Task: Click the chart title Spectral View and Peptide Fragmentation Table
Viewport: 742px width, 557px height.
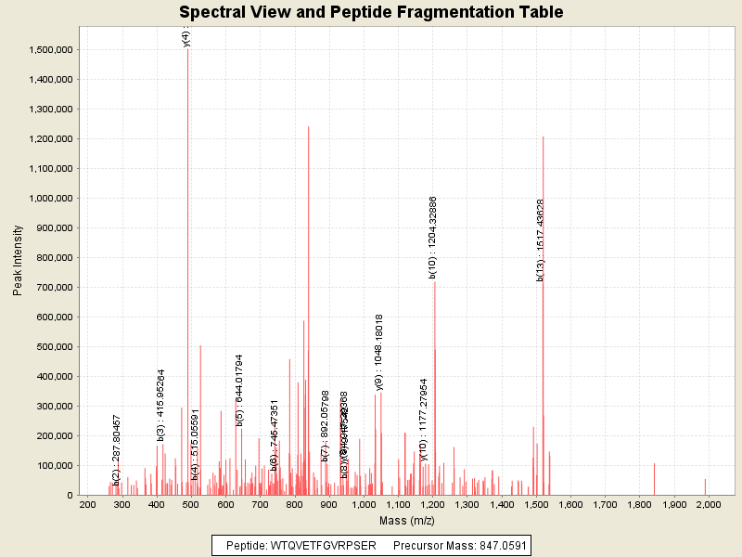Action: [371, 13]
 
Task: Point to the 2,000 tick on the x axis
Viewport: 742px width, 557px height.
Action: [708, 504]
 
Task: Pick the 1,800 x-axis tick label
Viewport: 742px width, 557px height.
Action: [639, 504]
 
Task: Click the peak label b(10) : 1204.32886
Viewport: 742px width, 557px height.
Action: [433, 238]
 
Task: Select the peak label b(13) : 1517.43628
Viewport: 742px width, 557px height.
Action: [541, 240]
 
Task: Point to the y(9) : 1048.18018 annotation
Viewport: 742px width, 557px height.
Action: [379, 352]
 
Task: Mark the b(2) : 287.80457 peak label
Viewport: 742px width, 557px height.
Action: [117, 450]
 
